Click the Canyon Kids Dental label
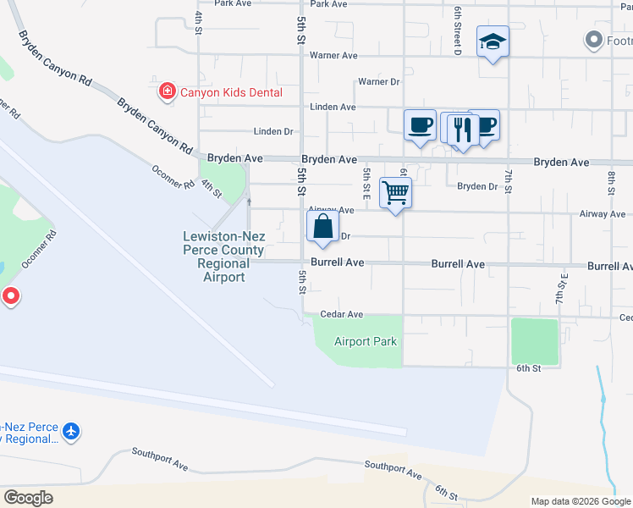pos(230,91)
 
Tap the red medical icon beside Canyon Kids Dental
pos(168,91)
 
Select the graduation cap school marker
pos(493,41)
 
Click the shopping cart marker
pos(395,192)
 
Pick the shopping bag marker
pos(322,226)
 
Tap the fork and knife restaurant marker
pos(462,130)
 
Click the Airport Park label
pos(365,341)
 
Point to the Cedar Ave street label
pos(342,315)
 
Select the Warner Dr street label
pos(378,82)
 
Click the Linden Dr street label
pos(272,132)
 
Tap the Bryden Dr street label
pos(477,186)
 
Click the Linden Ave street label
pos(333,108)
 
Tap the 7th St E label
pos(559,289)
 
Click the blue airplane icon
pos(71,432)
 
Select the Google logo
pos(28,498)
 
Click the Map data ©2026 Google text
pos(580,501)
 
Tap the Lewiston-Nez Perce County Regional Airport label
pos(223,257)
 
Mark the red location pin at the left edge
pos(10,296)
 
